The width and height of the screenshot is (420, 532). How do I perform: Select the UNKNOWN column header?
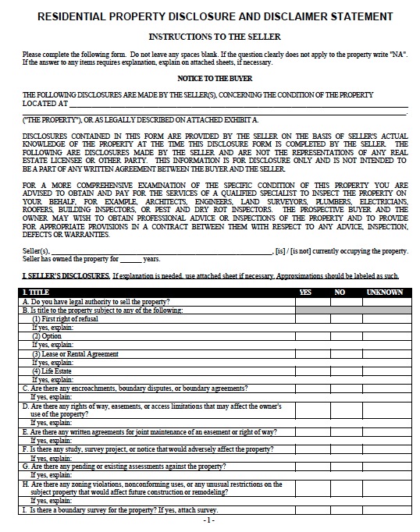385,292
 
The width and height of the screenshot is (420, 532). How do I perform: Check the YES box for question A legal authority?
312,301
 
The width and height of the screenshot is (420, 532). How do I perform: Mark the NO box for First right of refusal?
345,318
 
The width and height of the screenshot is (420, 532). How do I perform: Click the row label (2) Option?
49,335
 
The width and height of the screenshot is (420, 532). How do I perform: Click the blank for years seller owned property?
130,258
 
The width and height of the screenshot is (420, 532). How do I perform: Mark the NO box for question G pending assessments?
345,466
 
